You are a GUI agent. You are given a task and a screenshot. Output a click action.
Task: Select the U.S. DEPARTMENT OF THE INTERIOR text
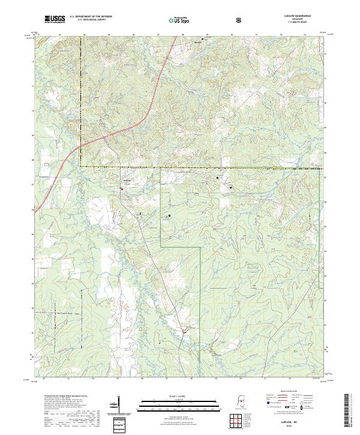click(91, 16)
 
